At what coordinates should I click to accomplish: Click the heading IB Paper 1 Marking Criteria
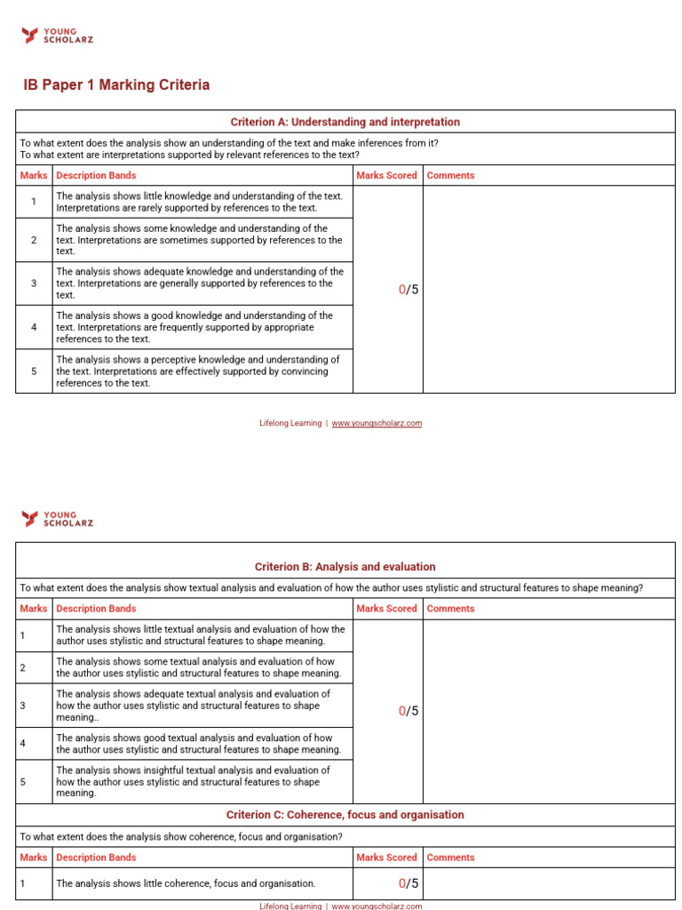(116, 85)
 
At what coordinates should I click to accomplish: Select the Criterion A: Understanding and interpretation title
(345, 122)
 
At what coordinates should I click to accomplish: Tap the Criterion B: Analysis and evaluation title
(345, 566)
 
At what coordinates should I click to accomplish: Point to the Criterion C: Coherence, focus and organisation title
(345, 814)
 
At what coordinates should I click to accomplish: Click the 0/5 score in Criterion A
(408, 290)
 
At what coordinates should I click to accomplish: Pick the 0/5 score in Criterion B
(408, 711)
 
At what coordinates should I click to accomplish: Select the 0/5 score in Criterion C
(408, 883)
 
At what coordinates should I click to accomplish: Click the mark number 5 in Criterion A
(34, 371)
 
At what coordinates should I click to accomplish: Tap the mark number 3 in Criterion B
(22, 706)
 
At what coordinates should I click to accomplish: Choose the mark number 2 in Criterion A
(34, 240)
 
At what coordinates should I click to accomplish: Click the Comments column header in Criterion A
(450, 175)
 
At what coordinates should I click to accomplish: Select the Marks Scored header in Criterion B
(386, 609)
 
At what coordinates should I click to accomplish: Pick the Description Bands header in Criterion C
(96, 858)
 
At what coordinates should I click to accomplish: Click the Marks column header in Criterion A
(33, 175)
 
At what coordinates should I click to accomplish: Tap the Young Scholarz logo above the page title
(57, 36)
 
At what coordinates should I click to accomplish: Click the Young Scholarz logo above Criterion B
(57, 518)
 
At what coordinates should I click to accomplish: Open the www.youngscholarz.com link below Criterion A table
(377, 423)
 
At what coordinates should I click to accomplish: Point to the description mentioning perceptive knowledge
(198, 371)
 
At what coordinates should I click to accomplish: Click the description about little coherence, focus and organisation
(186, 883)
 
